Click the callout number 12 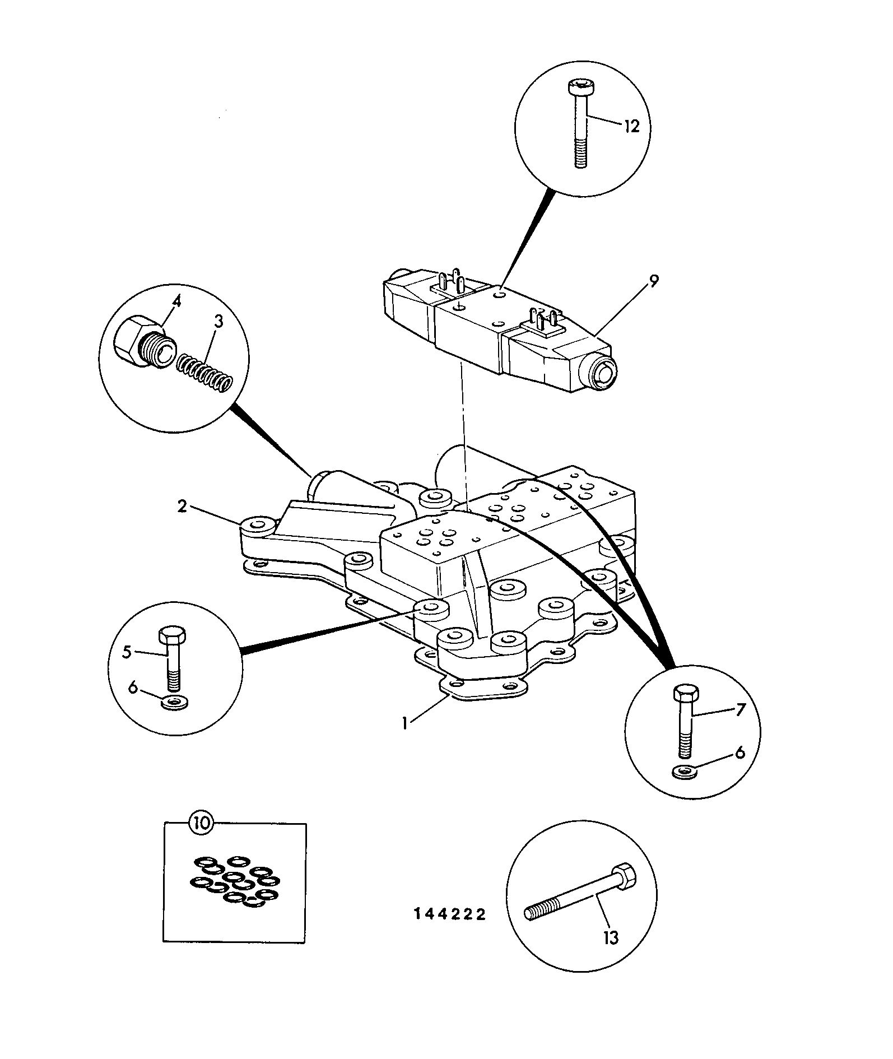pos(631,127)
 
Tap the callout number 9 pos(654,281)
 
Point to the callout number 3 pos(218,322)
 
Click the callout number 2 pos(182,507)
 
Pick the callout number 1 pos(404,722)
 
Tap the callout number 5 pos(127,652)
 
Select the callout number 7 pos(740,709)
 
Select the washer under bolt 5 pos(176,703)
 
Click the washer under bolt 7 pos(685,772)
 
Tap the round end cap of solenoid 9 pos(603,370)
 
